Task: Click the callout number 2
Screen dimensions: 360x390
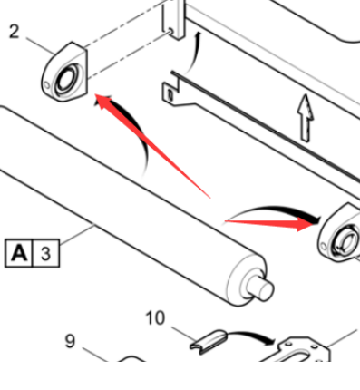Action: tap(14, 32)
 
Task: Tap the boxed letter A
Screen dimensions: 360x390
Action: tap(18, 253)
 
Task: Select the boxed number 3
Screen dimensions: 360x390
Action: tap(45, 253)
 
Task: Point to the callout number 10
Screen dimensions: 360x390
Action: tap(155, 317)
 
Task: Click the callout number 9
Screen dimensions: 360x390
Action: tap(70, 341)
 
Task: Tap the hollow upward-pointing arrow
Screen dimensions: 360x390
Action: tap(306, 118)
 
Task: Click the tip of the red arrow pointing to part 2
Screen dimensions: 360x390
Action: tap(95, 94)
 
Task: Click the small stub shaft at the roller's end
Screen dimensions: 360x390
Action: tap(260, 288)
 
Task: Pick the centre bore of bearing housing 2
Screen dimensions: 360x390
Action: tap(65, 79)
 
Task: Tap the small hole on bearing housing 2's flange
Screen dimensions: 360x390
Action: tap(46, 85)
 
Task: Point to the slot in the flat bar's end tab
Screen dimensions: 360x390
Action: tap(170, 94)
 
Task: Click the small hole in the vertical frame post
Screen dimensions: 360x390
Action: tap(170, 31)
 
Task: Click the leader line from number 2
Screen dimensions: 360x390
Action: tap(41, 45)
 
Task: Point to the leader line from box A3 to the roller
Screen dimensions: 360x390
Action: tap(78, 233)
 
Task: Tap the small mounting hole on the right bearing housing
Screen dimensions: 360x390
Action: tap(323, 246)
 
